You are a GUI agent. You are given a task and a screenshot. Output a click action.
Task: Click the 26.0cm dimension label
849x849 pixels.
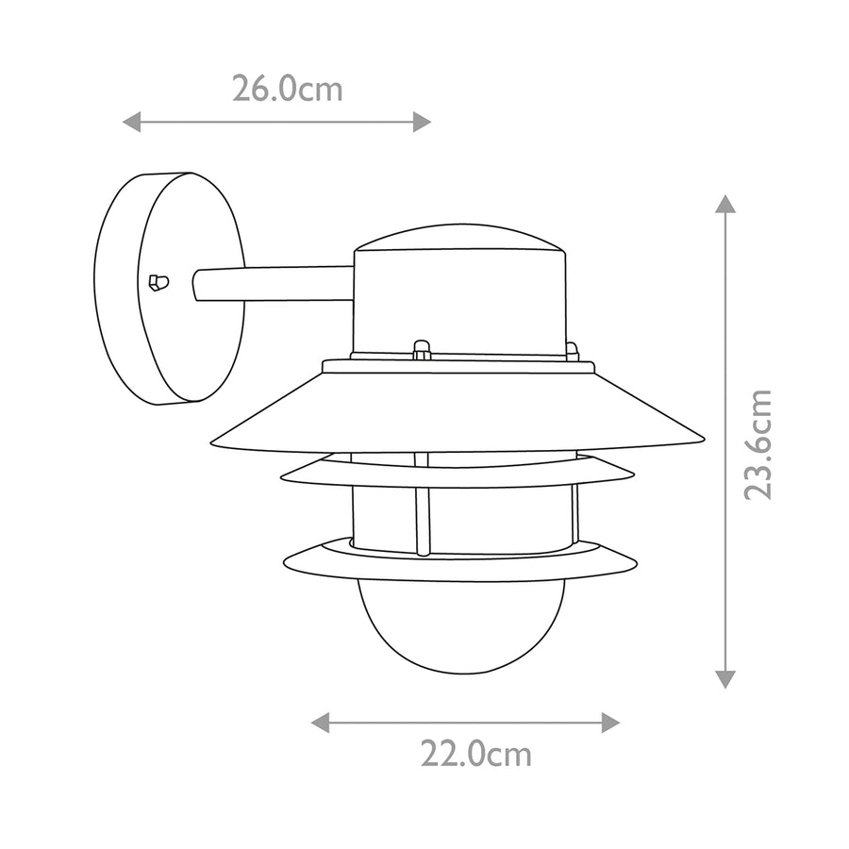tap(288, 89)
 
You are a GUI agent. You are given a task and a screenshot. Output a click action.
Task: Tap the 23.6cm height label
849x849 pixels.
tap(757, 444)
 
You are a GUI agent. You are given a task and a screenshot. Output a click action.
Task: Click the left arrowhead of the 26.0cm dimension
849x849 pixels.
tap(131, 122)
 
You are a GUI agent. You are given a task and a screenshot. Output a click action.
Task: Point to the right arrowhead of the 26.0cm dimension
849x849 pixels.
tap(423, 122)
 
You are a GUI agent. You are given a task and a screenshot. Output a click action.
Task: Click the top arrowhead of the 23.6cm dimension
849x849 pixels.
tap(725, 204)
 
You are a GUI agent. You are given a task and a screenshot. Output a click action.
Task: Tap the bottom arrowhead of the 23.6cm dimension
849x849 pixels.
tap(725, 679)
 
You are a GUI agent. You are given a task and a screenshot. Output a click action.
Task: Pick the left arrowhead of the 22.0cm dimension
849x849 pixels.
tap(320, 723)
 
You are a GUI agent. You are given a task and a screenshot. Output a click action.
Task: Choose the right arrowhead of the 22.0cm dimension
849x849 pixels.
tap(610, 723)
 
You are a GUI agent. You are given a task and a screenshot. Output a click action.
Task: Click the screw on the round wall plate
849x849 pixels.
tap(158, 282)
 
